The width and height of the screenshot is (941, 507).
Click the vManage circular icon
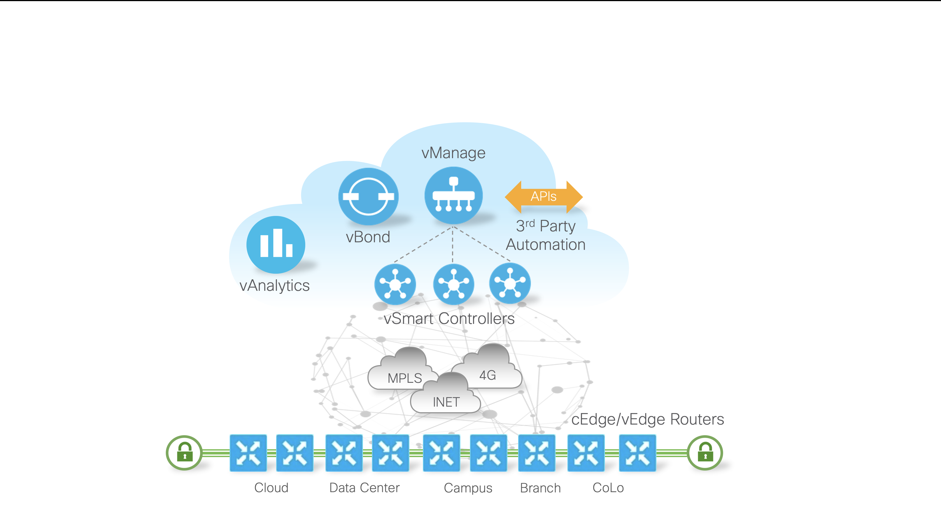(453, 195)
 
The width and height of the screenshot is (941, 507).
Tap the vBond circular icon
(368, 197)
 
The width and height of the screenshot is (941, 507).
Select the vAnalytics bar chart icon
(276, 244)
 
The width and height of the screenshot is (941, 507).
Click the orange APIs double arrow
(544, 197)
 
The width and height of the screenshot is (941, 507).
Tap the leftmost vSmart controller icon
(395, 284)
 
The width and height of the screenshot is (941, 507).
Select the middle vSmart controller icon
(453, 284)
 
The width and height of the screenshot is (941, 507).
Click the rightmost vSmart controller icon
(510, 283)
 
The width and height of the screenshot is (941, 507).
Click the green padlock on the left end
(185, 453)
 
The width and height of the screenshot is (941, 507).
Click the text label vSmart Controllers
(449, 318)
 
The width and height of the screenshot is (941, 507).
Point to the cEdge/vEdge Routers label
(647, 419)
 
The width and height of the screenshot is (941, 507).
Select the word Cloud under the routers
(271, 488)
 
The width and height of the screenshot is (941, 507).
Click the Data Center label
(364, 488)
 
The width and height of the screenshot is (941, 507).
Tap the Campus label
(468, 488)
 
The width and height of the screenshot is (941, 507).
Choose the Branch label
(540, 488)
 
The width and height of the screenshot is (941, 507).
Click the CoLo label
(608, 488)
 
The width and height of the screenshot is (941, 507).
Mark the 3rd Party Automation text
(545, 235)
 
